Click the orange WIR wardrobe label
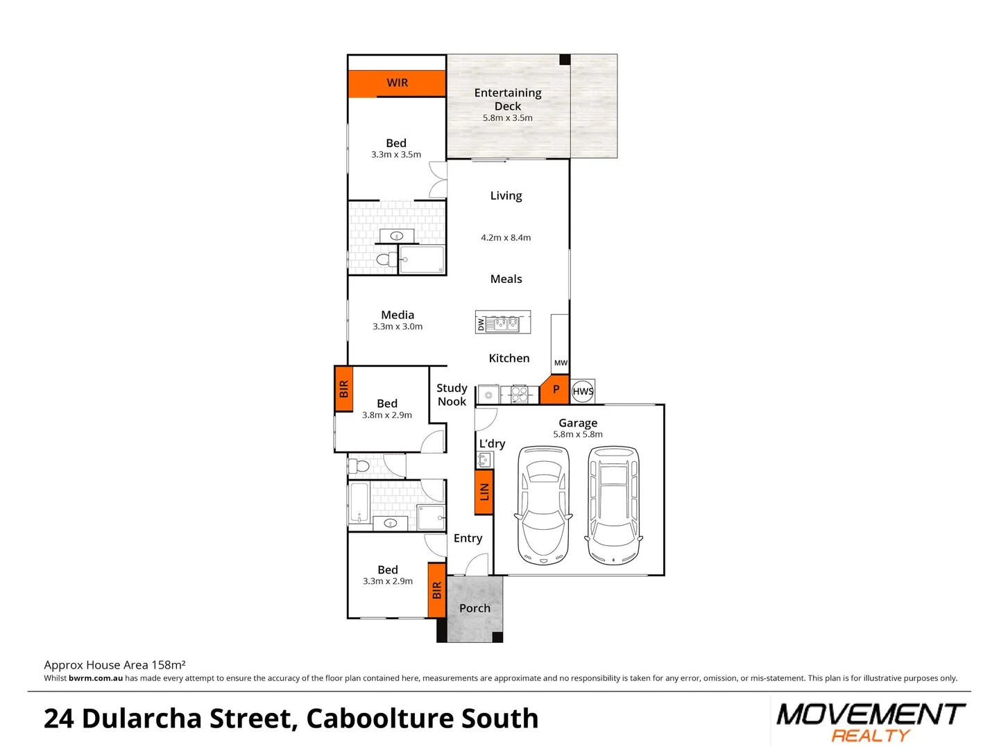(x=397, y=83)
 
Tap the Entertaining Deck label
(x=508, y=99)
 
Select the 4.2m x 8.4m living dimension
(x=506, y=238)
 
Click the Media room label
(x=398, y=315)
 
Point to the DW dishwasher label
(x=481, y=324)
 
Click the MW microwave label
(x=561, y=363)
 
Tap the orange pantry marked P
(x=555, y=390)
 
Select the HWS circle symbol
(x=583, y=391)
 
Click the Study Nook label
(x=452, y=395)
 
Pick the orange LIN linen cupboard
(x=484, y=492)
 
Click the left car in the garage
(x=543, y=505)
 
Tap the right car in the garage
(x=614, y=505)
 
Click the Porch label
(x=475, y=608)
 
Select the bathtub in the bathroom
(x=359, y=503)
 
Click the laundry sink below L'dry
(x=484, y=459)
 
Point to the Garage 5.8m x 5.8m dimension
(x=578, y=435)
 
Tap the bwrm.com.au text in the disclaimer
(x=96, y=678)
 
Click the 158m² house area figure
(x=169, y=664)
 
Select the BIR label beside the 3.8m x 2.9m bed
(x=343, y=389)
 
